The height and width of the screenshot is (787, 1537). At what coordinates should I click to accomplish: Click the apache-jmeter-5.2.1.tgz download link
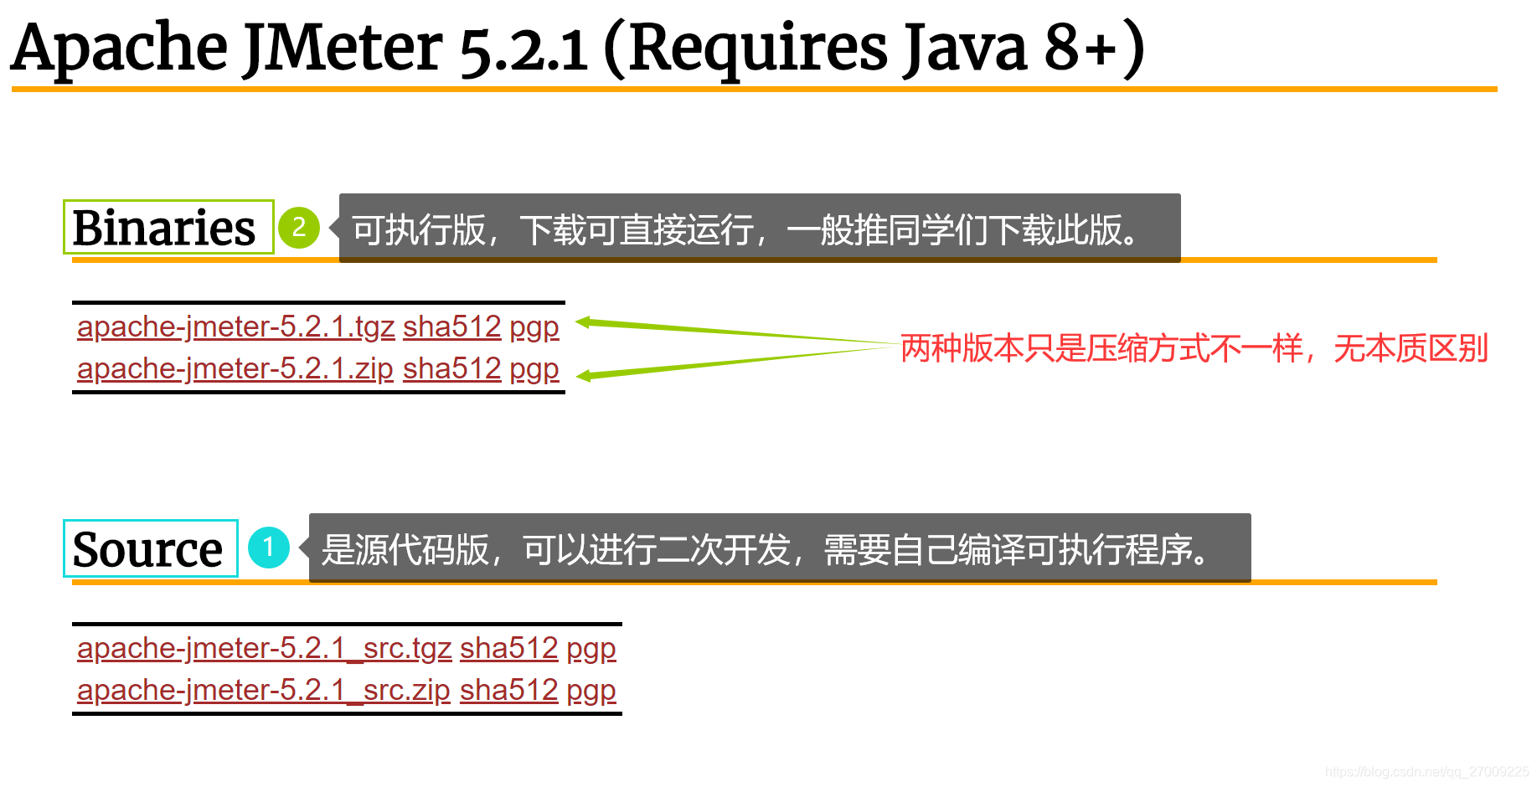(235, 327)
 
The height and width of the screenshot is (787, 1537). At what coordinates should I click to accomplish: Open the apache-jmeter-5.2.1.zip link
(235, 368)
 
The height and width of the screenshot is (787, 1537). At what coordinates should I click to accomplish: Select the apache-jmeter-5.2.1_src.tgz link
(264, 648)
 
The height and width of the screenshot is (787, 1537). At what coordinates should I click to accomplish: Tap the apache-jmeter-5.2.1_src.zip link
(263, 690)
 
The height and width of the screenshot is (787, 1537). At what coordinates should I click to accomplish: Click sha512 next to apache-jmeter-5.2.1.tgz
(451, 327)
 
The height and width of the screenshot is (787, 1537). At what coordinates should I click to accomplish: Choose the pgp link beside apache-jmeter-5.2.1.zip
(534, 369)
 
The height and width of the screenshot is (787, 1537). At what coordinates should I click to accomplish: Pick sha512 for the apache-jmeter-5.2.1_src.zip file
(508, 690)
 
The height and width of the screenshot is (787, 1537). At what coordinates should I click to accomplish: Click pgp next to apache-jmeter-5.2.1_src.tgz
(591, 649)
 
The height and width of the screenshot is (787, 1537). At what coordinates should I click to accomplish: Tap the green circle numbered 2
(299, 228)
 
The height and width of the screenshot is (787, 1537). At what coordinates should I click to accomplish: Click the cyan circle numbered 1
(269, 548)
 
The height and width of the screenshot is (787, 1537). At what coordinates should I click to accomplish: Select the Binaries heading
(164, 228)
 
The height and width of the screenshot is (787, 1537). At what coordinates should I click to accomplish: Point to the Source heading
(148, 549)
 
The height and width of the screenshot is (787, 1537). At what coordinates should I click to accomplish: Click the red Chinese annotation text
(1194, 348)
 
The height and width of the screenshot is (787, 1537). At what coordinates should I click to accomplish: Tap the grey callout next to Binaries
(759, 229)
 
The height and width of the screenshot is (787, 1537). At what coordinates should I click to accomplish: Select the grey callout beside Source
(779, 548)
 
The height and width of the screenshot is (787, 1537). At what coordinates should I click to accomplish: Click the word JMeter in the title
(343, 47)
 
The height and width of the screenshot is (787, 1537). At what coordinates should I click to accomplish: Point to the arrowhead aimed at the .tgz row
(584, 322)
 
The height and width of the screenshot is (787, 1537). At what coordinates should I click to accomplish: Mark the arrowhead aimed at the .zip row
(585, 377)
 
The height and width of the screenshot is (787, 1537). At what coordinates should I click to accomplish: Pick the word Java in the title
(964, 47)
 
